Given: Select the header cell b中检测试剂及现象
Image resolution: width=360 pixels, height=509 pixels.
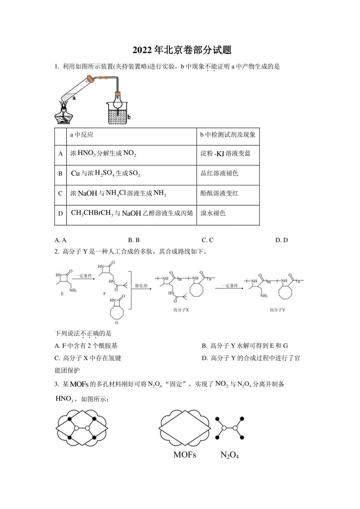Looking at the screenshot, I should (x=228, y=135).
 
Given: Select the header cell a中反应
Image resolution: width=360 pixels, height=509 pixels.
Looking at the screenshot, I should (x=81, y=135).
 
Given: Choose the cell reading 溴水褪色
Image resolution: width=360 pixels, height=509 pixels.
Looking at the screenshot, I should (x=213, y=213).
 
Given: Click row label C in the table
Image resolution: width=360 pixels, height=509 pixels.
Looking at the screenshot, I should (x=60, y=194).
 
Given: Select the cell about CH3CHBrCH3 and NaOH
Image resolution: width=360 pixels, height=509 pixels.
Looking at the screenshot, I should (x=132, y=213).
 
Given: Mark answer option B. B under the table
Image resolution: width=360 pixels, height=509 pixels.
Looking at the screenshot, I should (x=134, y=240).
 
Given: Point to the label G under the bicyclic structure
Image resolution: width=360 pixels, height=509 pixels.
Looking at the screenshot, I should (x=116, y=323).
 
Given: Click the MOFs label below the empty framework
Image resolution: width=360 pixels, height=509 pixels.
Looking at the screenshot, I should (x=185, y=455).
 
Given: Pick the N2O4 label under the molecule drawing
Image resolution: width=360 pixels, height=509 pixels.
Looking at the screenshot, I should (x=230, y=455).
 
